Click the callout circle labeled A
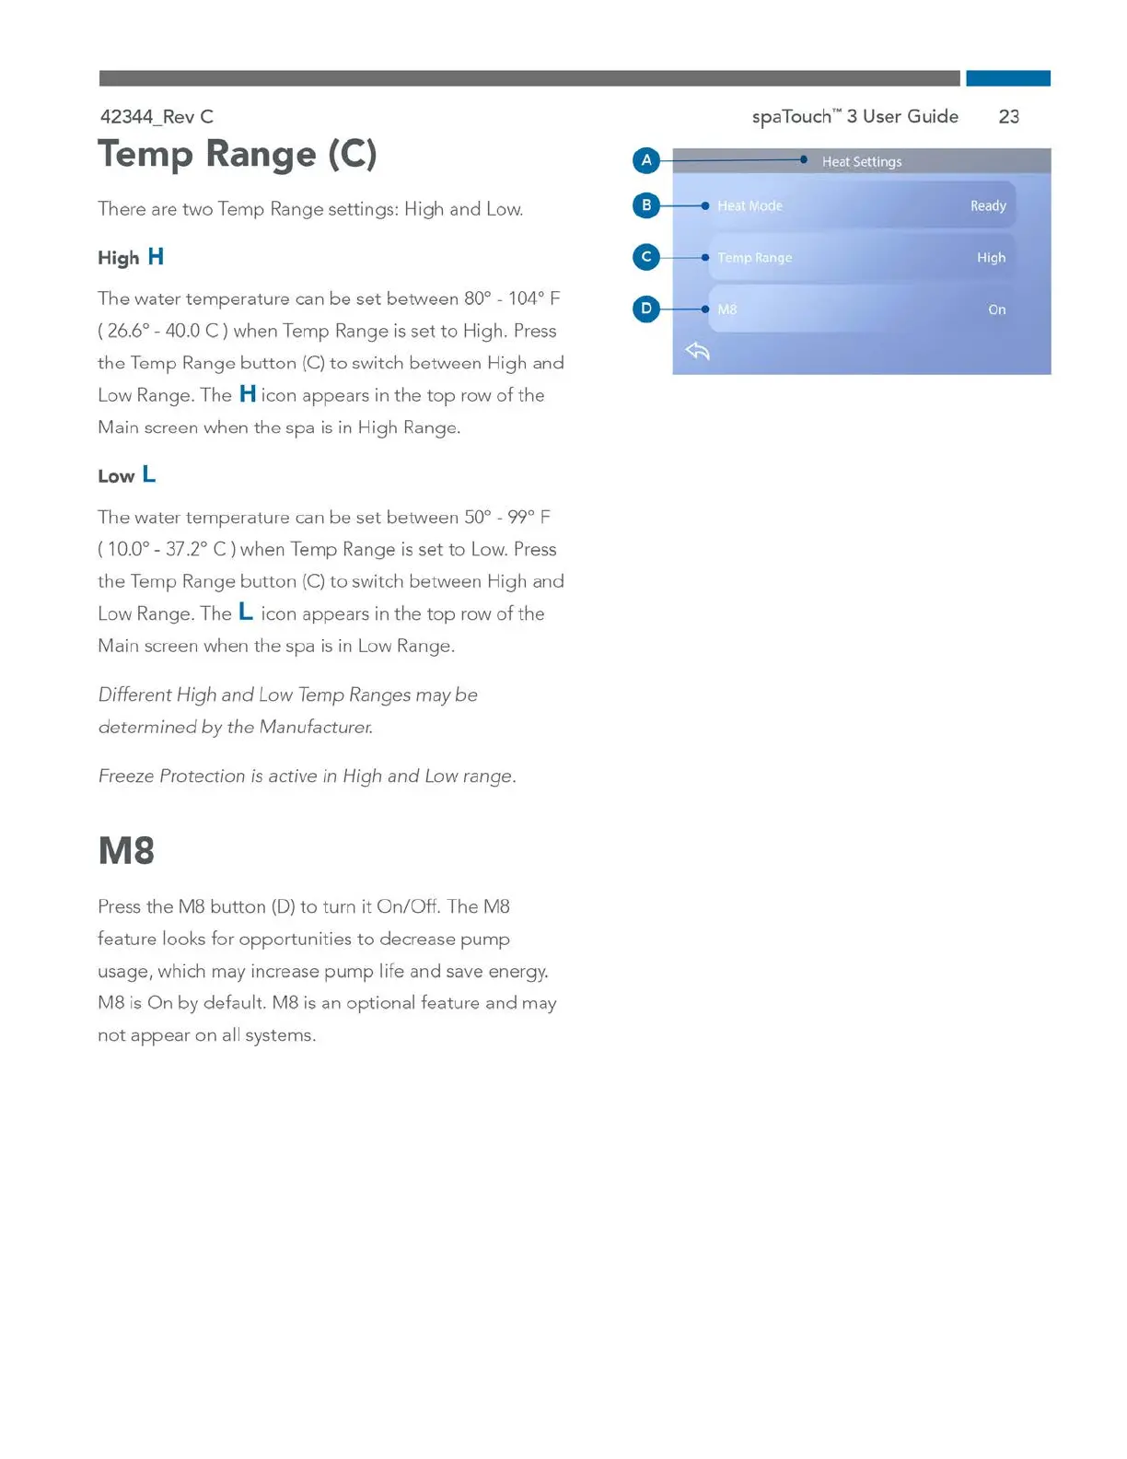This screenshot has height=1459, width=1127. pyautogui.click(x=646, y=160)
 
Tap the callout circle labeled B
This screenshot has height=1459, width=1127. pyautogui.click(x=646, y=205)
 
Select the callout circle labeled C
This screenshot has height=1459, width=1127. pyautogui.click(x=646, y=257)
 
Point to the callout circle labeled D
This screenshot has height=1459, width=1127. pyautogui.click(x=646, y=309)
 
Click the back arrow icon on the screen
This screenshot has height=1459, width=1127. pyautogui.click(x=698, y=351)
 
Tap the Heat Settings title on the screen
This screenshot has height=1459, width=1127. pyautogui.click(x=861, y=162)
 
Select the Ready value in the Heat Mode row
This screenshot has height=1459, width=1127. pyautogui.click(x=987, y=206)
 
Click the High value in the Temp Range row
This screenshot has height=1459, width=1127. pyautogui.click(x=991, y=258)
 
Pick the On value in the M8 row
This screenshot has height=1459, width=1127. pyautogui.click(x=996, y=309)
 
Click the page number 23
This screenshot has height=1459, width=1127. pyautogui.click(x=1008, y=117)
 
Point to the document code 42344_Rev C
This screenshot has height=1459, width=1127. pyautogui.click(x=157, y=117)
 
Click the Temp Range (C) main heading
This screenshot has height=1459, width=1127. pyautogui.click(x=238, y=154)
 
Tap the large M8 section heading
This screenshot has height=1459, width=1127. pyautogui.click(x=126, y=850)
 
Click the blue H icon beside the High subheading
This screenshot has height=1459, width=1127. pyautogui.click(x=156, y=257)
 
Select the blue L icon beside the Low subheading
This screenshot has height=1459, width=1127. pyautogui.click(x=149, y=475)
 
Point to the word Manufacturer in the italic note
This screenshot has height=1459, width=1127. pyautogui.click(x=315, y=728)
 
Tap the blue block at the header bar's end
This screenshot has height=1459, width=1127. pyautogui.click(x=1007, y=78)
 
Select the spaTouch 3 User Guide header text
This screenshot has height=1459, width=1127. pyautogui.click(x=854, y=117)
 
